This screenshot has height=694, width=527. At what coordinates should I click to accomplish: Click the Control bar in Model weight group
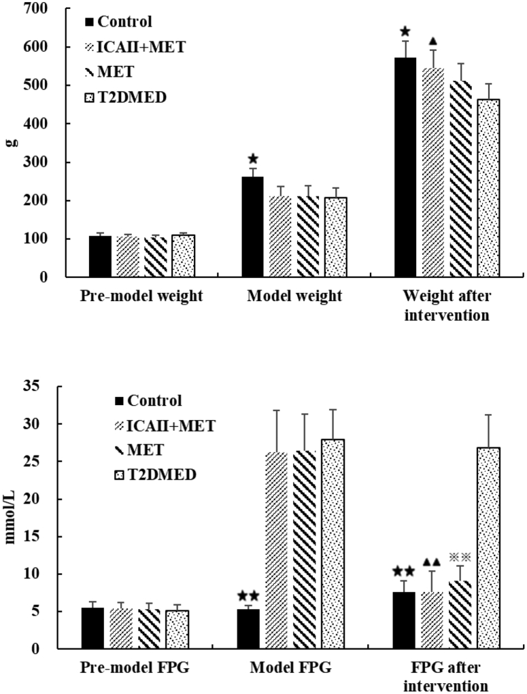[253, 227]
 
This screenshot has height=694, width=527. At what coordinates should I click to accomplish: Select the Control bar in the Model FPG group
[248, 629]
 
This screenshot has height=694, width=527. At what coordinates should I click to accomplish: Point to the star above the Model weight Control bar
[253, 158]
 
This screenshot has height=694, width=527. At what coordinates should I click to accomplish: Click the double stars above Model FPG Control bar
[248, 596]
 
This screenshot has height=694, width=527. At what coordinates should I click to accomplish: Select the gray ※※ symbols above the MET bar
[460, 557]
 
